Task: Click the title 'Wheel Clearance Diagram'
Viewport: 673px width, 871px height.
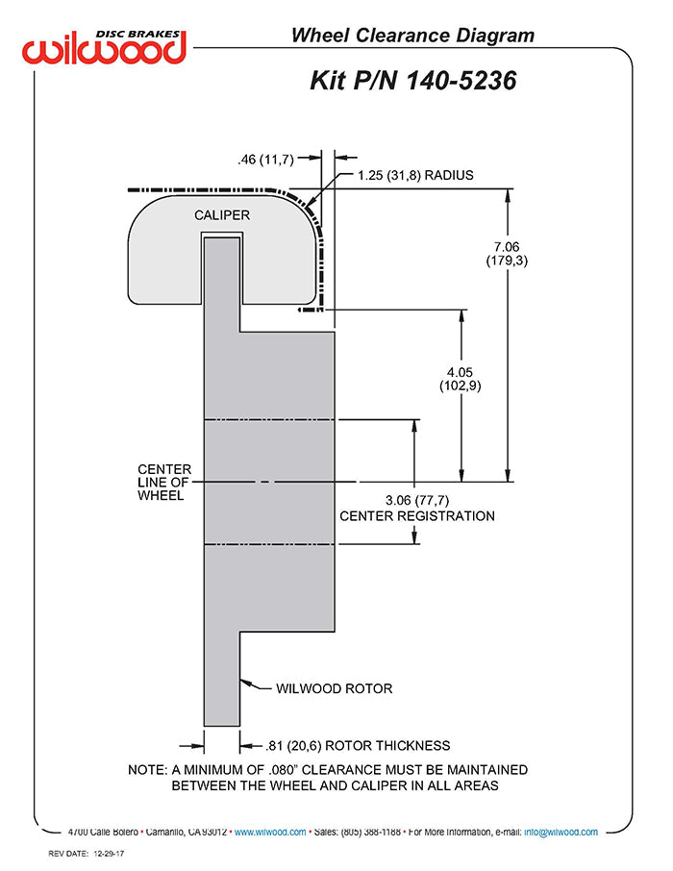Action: pos(412,37)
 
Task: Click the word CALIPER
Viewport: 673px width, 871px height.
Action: pos(222,215)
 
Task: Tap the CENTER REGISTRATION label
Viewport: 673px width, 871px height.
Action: pos(417,516)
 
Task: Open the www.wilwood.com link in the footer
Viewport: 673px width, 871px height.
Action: pos(270,833)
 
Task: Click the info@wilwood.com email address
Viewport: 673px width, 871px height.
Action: pos(561,833)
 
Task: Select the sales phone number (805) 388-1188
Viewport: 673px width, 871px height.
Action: pos(371,833)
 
